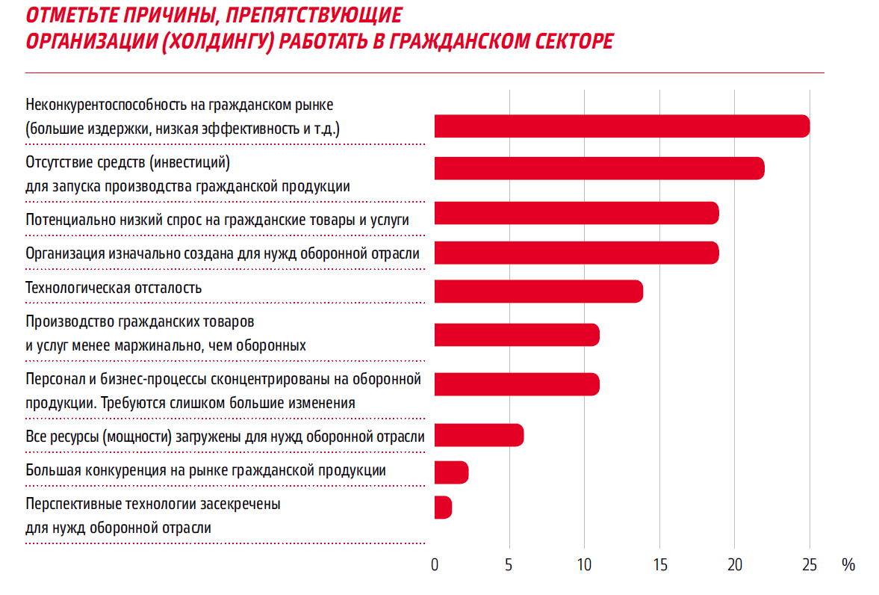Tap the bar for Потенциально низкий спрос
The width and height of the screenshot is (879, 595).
(576, 213)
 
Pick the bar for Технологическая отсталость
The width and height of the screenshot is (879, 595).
(538, 291)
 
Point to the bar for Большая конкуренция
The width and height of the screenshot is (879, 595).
(451, 472)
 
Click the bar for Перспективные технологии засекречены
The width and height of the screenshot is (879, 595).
(443, 508)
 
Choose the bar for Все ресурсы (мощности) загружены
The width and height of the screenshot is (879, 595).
(479, 435)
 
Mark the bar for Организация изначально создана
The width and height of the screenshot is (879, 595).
(576, 253)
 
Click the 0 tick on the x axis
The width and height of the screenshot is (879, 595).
(435, 565)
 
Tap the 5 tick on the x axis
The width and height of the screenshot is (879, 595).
(509, 565)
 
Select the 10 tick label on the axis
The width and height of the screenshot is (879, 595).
(584, 565)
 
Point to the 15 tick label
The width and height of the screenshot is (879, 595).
(659, 565)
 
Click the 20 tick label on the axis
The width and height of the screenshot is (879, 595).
(735, 565)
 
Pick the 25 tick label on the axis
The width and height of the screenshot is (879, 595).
(810, 565)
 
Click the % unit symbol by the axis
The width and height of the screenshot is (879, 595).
(848, 565)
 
